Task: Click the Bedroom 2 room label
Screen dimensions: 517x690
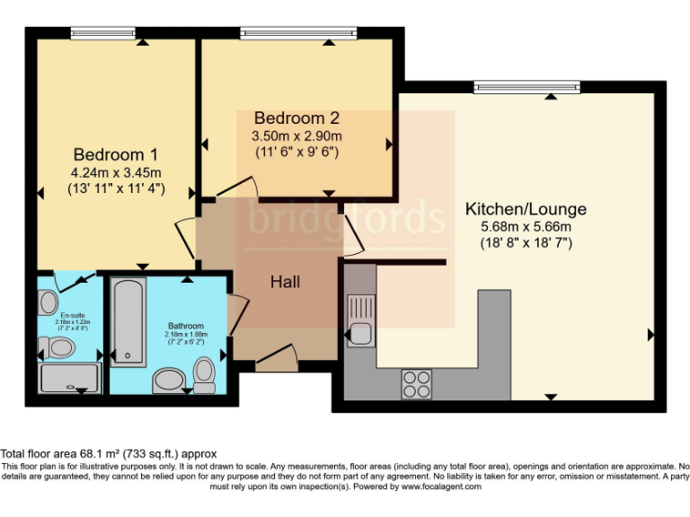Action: pyautogui.click(x=296, y=118)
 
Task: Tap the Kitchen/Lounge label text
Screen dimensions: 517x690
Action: pyautogui.click(x=526, y=209)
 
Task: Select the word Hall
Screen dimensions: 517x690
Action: pyautogui.click(x=285, y=282)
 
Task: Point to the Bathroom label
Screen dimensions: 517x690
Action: pyautogui.click(x=186, y=326)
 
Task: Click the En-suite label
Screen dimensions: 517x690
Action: pyautogui.click(x=73, y=315)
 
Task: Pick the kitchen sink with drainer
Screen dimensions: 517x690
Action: pyautogui.click(x=361, y=320)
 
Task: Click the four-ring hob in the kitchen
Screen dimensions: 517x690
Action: pyautogui.click(x=416, y=383)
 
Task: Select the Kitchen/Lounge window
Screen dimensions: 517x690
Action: pyautogui.click(x=527, y=87)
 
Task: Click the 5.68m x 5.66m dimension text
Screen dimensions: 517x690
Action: pyautogui.click(x=526, y=226)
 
